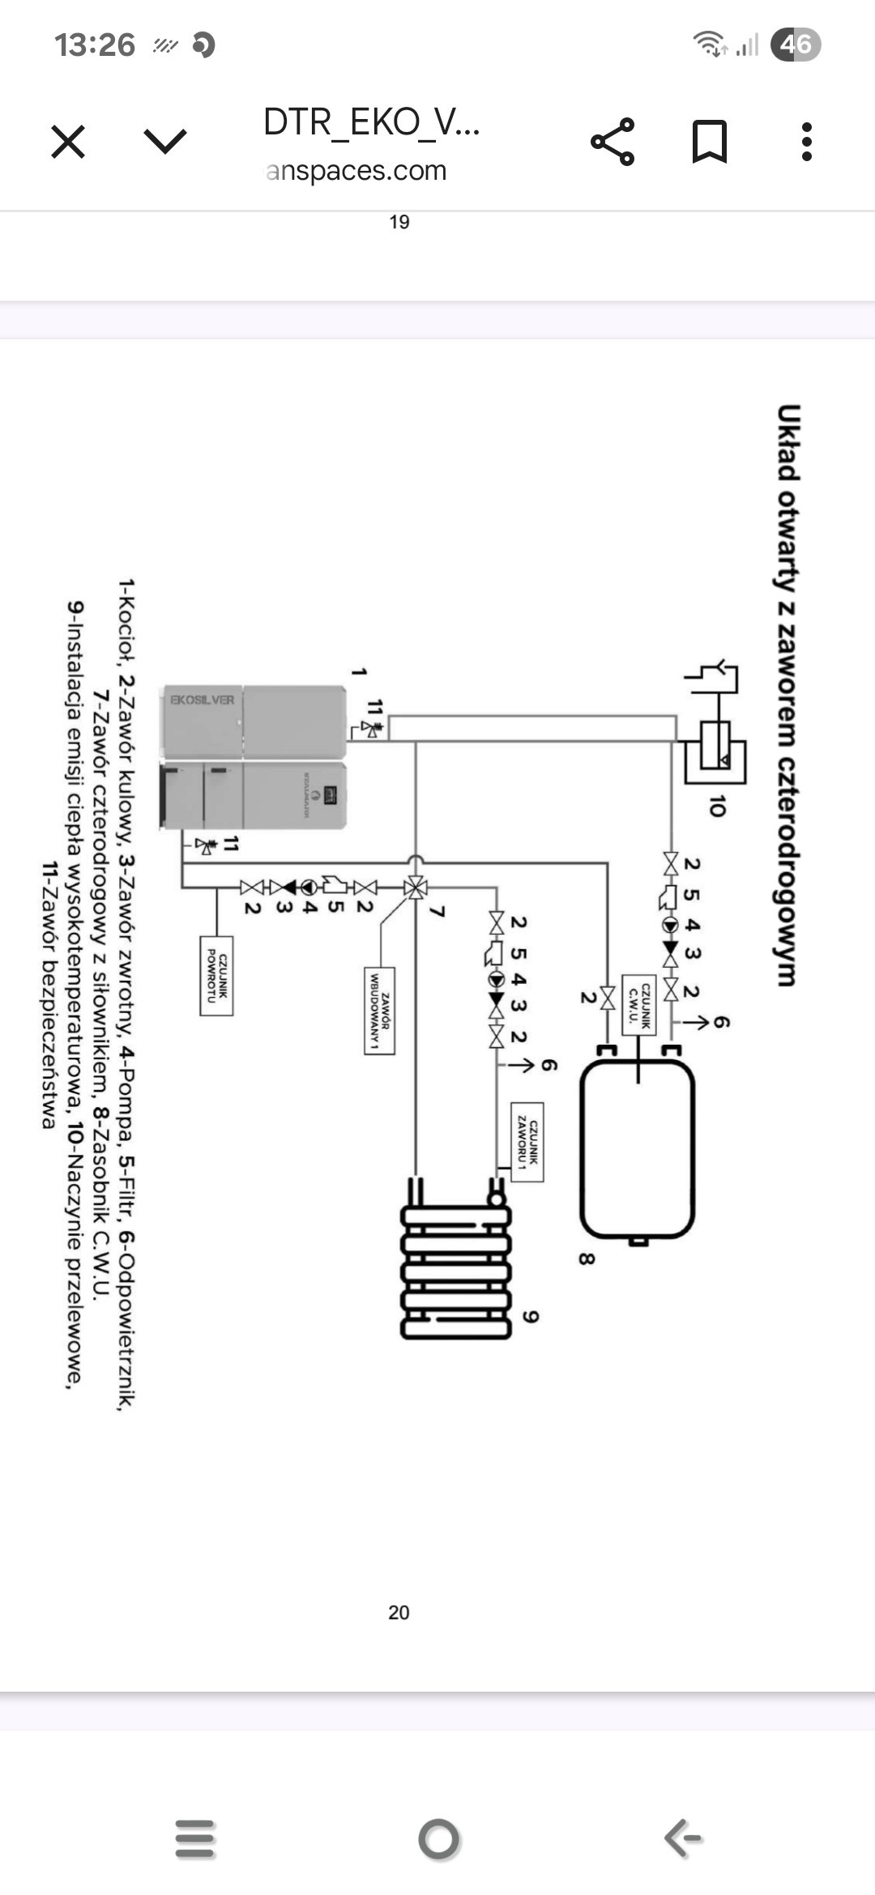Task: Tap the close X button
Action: [x=68, y=143]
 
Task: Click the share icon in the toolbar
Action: [x=612, y=142]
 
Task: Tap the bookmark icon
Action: [x=709, y=142]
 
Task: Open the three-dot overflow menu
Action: [x=806, y=142]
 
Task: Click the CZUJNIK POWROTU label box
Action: [x=216, y=976]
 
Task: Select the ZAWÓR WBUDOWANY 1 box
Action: [x=379, y=1011]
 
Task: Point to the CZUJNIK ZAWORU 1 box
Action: [x=527, y=1142]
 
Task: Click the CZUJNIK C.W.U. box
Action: [x=638, y=1005]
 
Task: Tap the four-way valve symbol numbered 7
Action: [x=416, y=888]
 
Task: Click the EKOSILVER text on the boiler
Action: [x=202, y=700]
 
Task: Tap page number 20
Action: [x=399, y=1612]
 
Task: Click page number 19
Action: [x=399, y=222]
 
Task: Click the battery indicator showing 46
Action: [x=796, y=44]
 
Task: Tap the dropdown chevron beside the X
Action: [x=165, y=143]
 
